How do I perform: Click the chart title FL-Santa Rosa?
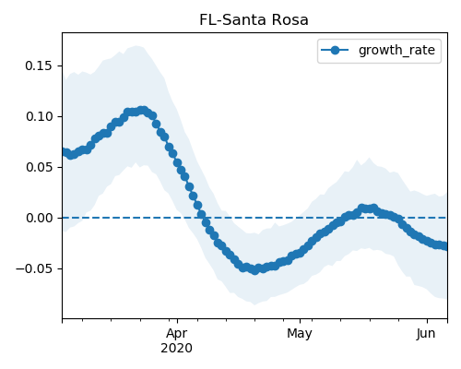254,20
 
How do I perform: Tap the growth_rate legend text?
396,50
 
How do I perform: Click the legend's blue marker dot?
335,50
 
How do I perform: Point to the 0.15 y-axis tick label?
38,65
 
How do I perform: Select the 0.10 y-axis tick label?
38,116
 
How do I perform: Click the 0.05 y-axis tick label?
38,167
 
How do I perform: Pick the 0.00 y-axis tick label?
38,218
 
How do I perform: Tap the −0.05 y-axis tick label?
34,268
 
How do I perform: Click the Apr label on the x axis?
177,334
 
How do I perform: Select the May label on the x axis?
300,334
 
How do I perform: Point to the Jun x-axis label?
426,334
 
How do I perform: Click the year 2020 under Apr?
177,348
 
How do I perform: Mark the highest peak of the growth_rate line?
142,111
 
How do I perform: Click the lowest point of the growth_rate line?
254,270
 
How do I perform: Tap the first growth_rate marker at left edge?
64,151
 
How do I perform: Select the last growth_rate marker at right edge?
444,246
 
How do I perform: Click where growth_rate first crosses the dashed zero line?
204,218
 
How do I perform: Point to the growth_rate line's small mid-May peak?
368,208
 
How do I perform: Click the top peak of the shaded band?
136,46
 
